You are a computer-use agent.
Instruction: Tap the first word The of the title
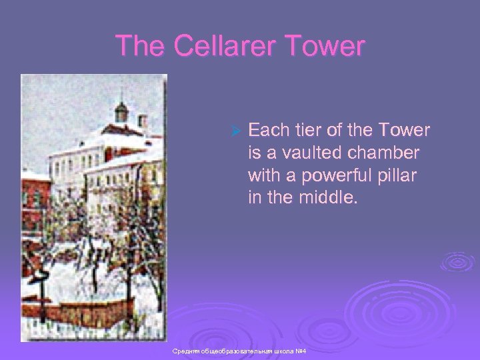pos(141,46)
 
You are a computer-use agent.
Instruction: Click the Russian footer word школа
pos(283,351)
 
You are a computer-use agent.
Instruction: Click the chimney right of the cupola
pos(142,123)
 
